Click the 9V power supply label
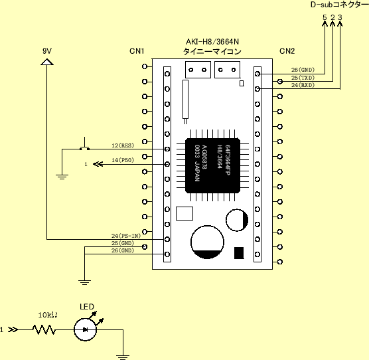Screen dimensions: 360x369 [x=46, y=50]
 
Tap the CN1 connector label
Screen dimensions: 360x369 [x=137, y=50]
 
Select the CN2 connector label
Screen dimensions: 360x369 [x=287, y=50]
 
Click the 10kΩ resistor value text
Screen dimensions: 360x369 [x=47, y=315]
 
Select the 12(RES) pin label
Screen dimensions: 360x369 [x=123, y=145]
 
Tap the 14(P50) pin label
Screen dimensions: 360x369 [x=123, y=160]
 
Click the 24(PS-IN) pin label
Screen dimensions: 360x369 [x=125, y=235]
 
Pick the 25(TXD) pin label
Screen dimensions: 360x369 [x=303, y=78]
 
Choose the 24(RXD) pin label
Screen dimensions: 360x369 [x=303, y=85]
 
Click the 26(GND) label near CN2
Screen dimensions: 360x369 [x=303, y=70]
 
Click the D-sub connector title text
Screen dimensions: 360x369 [x=339, y=5]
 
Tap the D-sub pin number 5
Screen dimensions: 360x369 [x=324, y=17]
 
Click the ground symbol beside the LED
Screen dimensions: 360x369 [x=122, y=355]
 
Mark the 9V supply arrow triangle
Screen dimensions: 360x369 [x=46, y=62]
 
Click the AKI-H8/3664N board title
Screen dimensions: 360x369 [x=212, y=41]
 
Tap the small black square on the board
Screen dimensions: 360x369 [x=239, y=252]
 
